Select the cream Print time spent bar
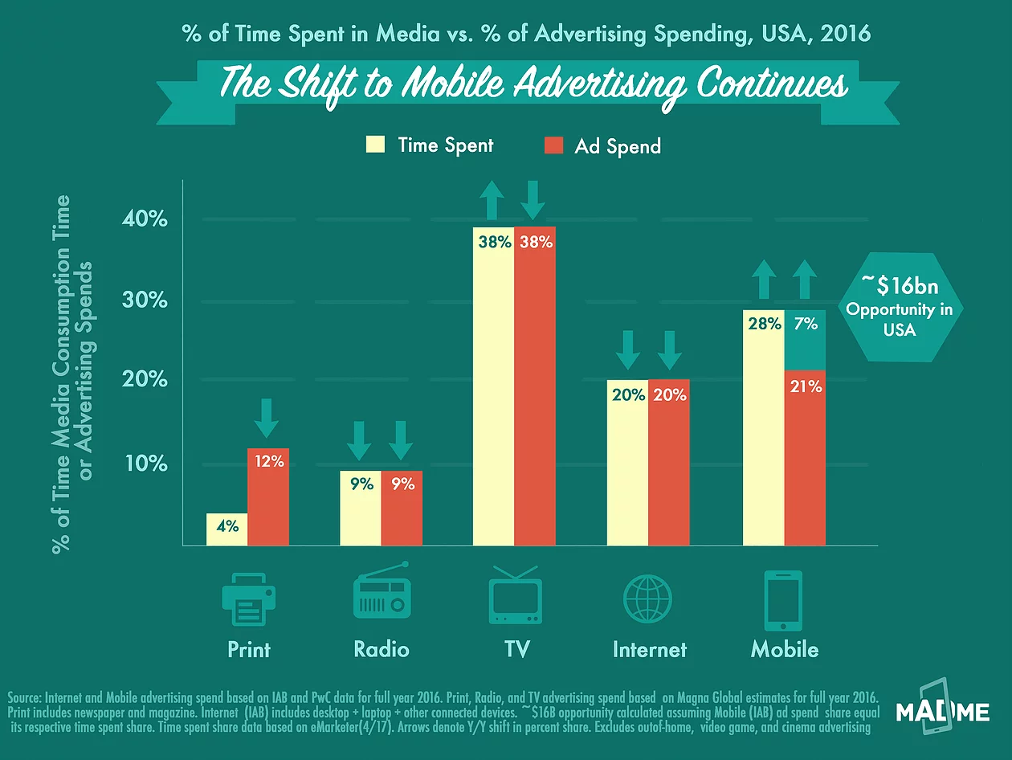226,530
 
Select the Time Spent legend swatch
375,145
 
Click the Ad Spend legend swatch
553,145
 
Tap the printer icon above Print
248,598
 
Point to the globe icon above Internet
647,599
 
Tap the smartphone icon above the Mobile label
784,601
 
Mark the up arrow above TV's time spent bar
493,200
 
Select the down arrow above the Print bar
267,417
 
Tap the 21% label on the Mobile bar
805,386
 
